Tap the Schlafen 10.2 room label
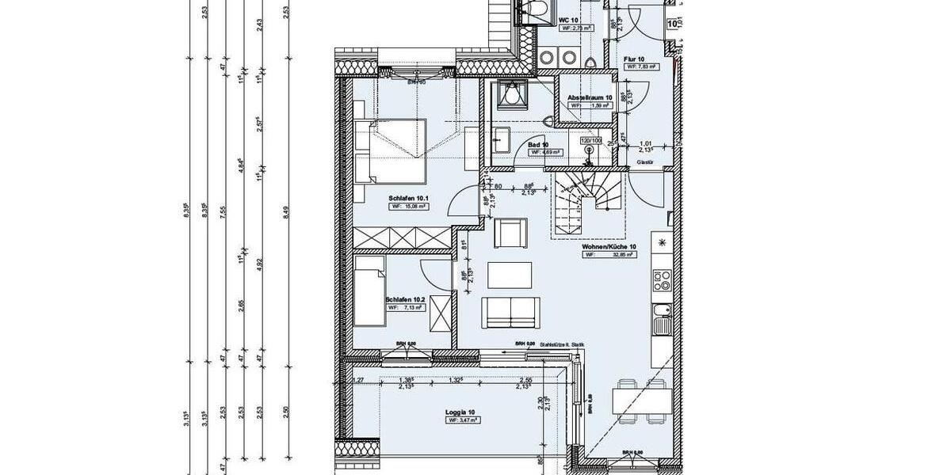pyautogui.click(x=406, y=300)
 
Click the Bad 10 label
pyautogui.click(x=539, y=144)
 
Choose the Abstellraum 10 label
pyautogui.click(x=589, y=98)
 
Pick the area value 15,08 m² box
pyautogui.click(x=409, y=206)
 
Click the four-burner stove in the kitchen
pyautogui.click(x=662, y=279)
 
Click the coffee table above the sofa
pyautogui.click(x=507, y=275)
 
